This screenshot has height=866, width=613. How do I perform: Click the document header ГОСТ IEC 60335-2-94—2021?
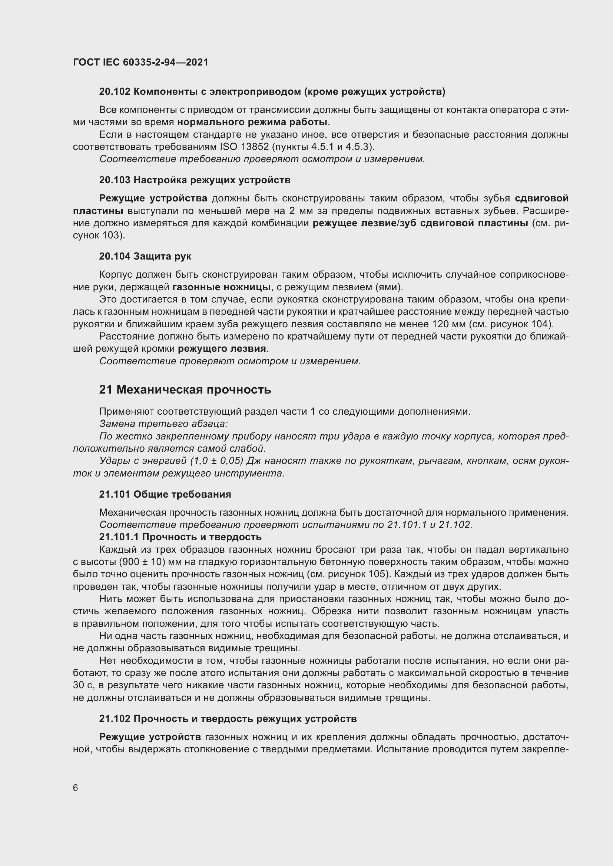140,62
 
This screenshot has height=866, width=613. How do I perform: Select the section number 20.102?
115,92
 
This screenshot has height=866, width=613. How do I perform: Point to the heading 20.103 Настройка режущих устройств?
195,180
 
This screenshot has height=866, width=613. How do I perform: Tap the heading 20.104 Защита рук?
145,257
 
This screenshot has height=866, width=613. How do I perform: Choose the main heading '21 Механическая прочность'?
185,389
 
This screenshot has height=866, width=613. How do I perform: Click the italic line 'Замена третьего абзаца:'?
163,424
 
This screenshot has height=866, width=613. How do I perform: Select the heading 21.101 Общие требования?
165,495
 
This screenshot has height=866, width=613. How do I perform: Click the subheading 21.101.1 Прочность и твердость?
180,537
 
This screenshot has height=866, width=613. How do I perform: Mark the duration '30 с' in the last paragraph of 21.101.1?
81,685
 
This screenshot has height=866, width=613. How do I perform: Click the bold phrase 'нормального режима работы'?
252,122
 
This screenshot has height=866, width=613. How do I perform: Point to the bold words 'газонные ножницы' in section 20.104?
222,287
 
